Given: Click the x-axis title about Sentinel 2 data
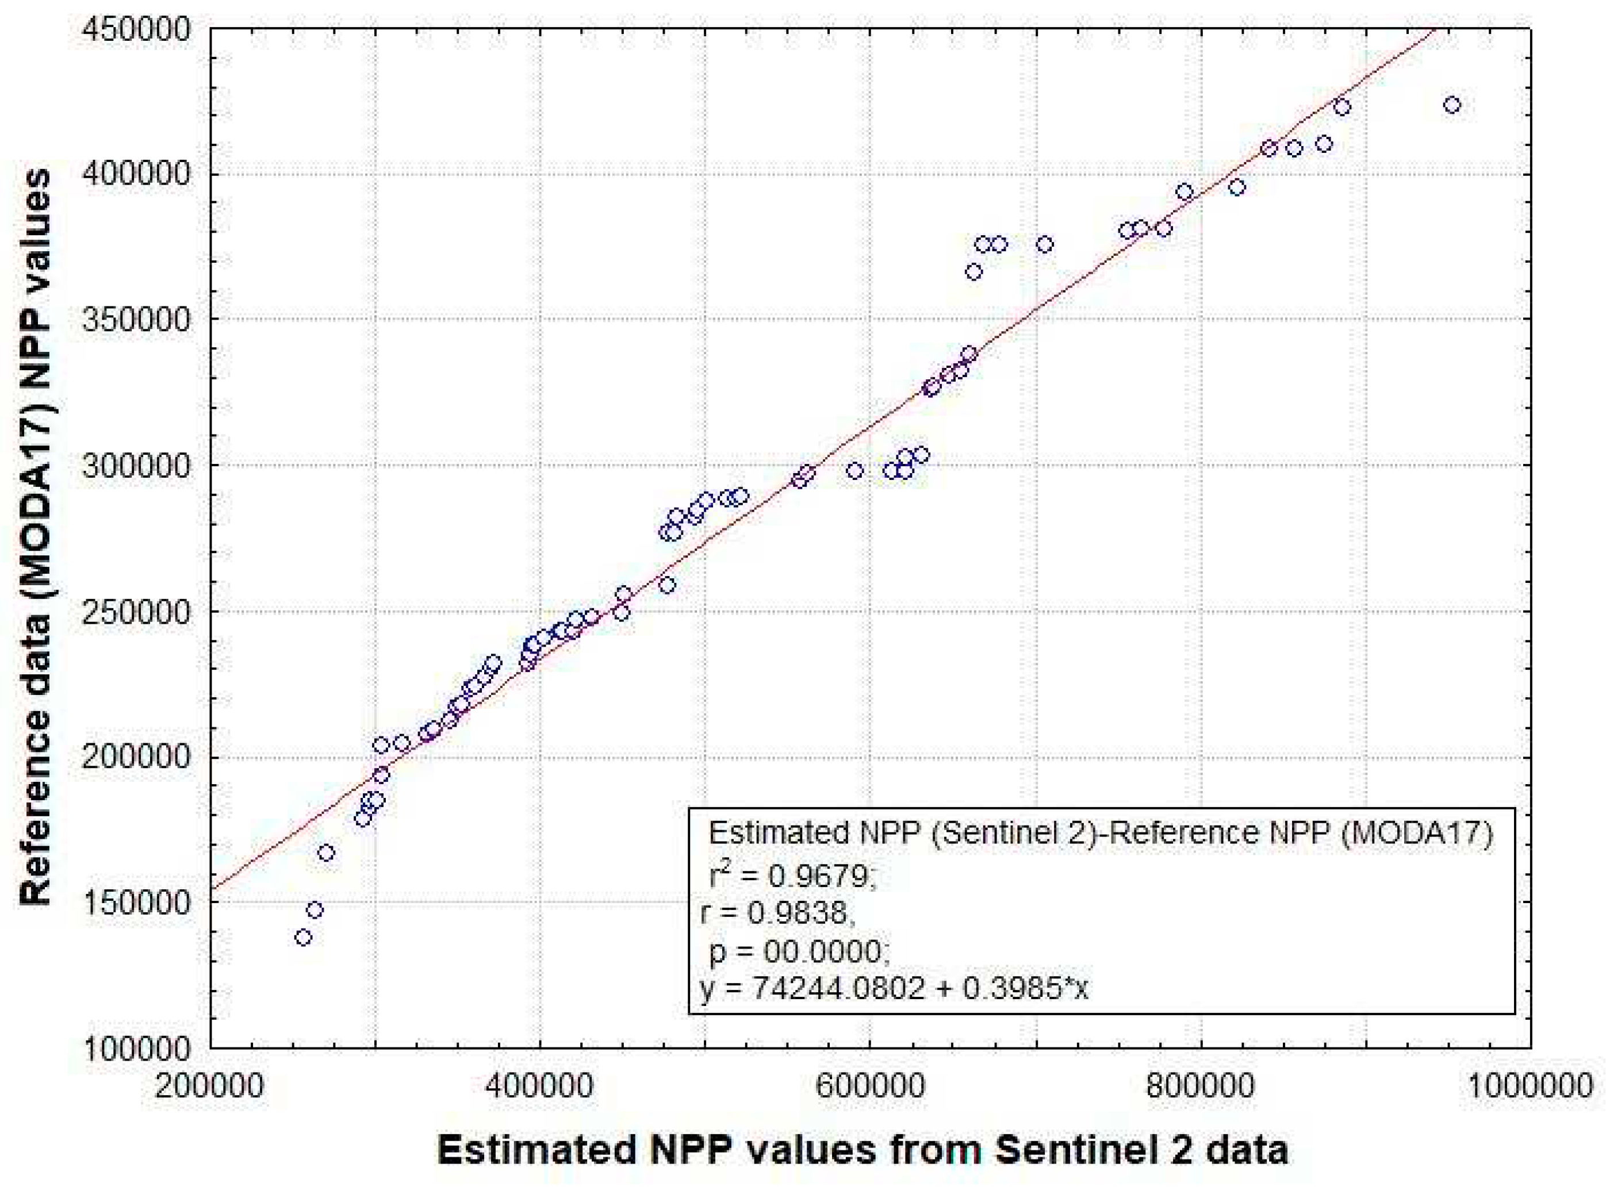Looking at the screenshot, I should pos(863,1150).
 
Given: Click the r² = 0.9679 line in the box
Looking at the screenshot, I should pos(791,877).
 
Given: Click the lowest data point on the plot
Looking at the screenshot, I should pos(304,938).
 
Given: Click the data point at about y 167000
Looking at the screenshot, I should pos(326,853).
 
